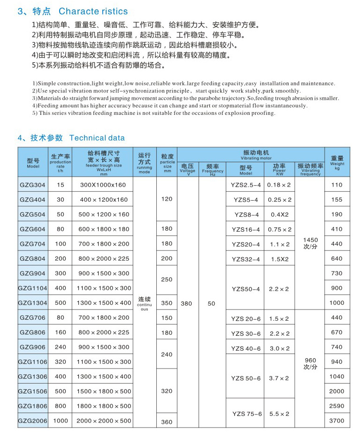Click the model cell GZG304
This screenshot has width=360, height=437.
(x=33, y=185)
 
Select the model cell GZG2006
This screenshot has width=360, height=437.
(x=33, y=421)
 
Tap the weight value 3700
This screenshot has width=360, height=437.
(x=337, y=421)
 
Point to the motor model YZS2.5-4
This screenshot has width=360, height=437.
(x=245, y=185)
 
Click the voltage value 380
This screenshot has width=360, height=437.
(x=186, y=303)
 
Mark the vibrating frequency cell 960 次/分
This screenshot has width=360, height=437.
(x=310, y=363)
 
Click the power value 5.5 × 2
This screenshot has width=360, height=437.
(x=279, y=414)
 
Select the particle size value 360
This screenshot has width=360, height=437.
(x=167, y=422)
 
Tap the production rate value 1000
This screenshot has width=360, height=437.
(x=61, y=421)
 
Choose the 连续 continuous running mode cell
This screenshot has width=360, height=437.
(x=144, y=303)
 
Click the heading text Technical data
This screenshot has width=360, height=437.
(x=97, y=137)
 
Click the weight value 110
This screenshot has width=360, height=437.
(x=337, y=185)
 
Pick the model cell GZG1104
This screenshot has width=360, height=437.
(x=33, y=288)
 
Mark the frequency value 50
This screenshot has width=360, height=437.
(x=211, y=303)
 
